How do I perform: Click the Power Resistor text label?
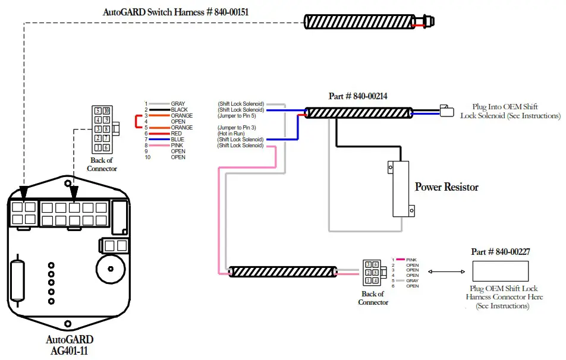pos(446,187)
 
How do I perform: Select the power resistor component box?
pos(401,188)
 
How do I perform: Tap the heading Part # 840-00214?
pos(358,96)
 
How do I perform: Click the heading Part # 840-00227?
pos(500,252)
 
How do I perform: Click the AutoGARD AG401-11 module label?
pos(70,345)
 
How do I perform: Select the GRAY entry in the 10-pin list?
pos(177,104)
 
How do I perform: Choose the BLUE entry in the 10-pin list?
pos(177,140)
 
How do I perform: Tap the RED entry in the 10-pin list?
pos(177,134)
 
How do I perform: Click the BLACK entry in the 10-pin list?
pos(178,110)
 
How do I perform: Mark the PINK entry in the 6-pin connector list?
pos(411,260)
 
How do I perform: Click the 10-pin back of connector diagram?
pos(101,128)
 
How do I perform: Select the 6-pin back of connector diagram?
pos(373,272)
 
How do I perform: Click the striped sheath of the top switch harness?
pos(360,21)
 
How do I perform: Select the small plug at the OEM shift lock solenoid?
pos(446,111)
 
